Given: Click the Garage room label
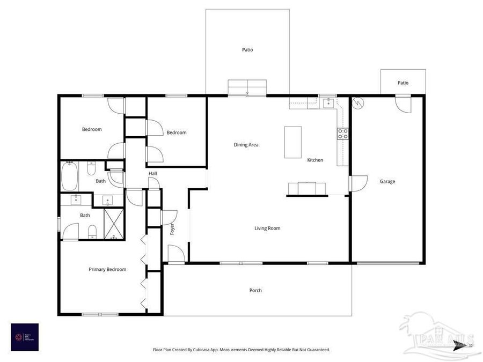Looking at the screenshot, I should (387, 181).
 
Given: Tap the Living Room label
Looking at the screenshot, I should (267, 228).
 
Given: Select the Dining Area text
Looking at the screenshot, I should (246, 145).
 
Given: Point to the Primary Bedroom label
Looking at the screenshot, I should (107, 269).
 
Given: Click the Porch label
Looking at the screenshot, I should (255, 291).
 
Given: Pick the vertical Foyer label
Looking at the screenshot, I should (172, 229).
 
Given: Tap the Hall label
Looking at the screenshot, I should (153, 173).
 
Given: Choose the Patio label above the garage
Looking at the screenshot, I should (403, 83).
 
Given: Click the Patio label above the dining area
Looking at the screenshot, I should (247, 50).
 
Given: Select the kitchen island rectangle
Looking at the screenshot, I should (293, 142).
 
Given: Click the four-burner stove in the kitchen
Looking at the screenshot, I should (342, 134).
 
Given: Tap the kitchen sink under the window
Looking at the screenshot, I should (328, 104).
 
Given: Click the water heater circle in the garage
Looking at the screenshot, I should (358, 102).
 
